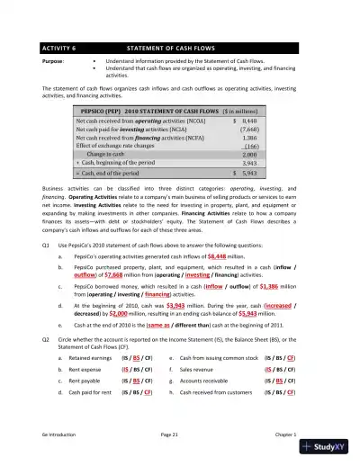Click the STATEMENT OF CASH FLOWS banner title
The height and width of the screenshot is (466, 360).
click(175, 47)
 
